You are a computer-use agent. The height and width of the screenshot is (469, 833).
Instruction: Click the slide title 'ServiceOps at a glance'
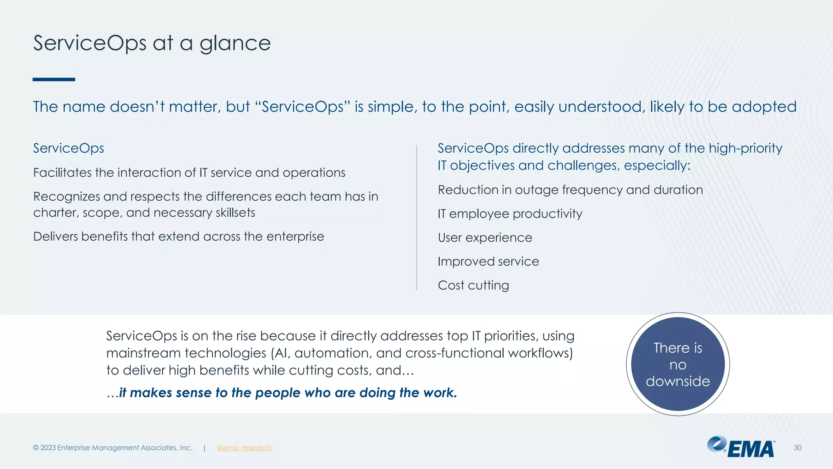coord(151,43)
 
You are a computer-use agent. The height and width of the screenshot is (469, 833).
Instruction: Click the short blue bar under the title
coord(54,79)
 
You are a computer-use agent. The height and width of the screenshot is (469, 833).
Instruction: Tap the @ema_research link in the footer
coord(244,448)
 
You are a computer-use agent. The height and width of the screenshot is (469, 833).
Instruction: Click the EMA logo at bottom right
coord(741,447)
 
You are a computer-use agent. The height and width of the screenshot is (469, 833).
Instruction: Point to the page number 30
coord(797,448)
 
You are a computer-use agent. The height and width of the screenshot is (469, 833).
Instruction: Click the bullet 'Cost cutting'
coord(473,285)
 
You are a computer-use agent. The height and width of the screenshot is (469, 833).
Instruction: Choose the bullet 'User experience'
coord(485,238)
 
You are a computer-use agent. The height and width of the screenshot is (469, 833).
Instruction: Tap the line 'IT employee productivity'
coord(510,214)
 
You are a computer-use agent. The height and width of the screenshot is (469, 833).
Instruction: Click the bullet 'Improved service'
coord(488,261)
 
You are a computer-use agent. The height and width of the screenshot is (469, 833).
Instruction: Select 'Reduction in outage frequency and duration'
coord(570,190)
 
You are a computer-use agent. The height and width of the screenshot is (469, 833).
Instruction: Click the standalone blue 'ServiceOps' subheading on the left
coord(68,148)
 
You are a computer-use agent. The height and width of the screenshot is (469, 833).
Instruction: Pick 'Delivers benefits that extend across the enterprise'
coord(179,237)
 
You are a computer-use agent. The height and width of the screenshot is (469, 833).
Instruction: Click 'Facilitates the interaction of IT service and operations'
coord(189,173)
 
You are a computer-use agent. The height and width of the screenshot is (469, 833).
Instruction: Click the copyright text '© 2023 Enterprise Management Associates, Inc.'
coord(113,448)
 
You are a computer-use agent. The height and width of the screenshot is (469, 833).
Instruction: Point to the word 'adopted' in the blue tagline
coord(764,107)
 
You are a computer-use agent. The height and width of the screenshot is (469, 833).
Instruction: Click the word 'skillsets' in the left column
coord(236,213)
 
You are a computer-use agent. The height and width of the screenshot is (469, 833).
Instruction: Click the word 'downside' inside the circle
coord(678,381)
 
